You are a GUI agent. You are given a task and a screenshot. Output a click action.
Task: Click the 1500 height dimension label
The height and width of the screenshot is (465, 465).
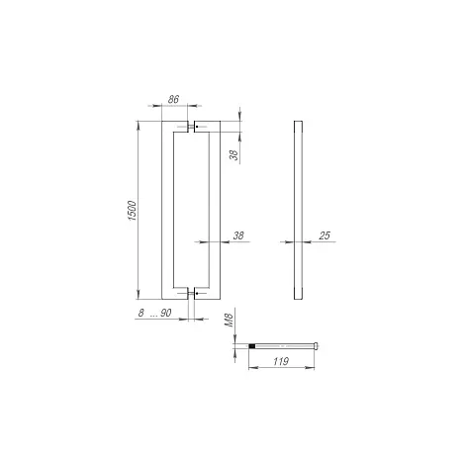[x=132, y=211]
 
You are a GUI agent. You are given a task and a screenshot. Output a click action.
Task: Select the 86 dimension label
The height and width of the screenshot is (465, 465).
[x=173, y=99]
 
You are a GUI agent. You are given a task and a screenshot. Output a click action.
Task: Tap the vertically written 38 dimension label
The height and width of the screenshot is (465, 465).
[x=233, y=155]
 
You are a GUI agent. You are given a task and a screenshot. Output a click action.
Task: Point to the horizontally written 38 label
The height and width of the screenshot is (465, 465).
[x=238, y=235]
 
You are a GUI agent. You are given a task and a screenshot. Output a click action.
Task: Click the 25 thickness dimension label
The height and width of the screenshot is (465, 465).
[x=325, y=235]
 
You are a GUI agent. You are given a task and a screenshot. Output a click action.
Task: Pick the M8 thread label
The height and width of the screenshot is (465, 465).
[x=229, y=321]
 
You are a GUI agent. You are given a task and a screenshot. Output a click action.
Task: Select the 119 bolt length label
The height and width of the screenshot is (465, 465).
[x=281, y=361]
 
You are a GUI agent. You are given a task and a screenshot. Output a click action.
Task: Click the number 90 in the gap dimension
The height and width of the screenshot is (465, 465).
[x=166, y=313]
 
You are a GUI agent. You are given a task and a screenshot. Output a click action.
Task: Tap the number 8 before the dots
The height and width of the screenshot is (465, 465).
[x=141, y=313]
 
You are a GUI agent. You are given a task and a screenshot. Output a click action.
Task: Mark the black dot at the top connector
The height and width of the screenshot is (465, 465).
[x=197, y=127]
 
